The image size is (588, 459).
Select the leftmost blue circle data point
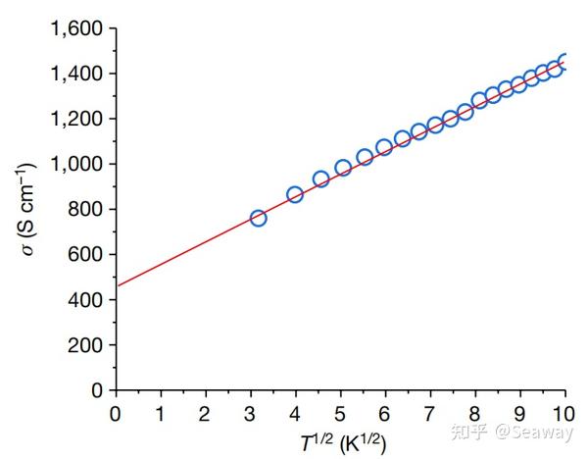pos(259,218)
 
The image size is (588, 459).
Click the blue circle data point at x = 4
pos(295,195)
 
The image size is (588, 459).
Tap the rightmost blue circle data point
pos(564,63)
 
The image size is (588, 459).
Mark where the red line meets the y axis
pos(116,286)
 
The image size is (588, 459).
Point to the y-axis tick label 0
pos(98,390)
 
